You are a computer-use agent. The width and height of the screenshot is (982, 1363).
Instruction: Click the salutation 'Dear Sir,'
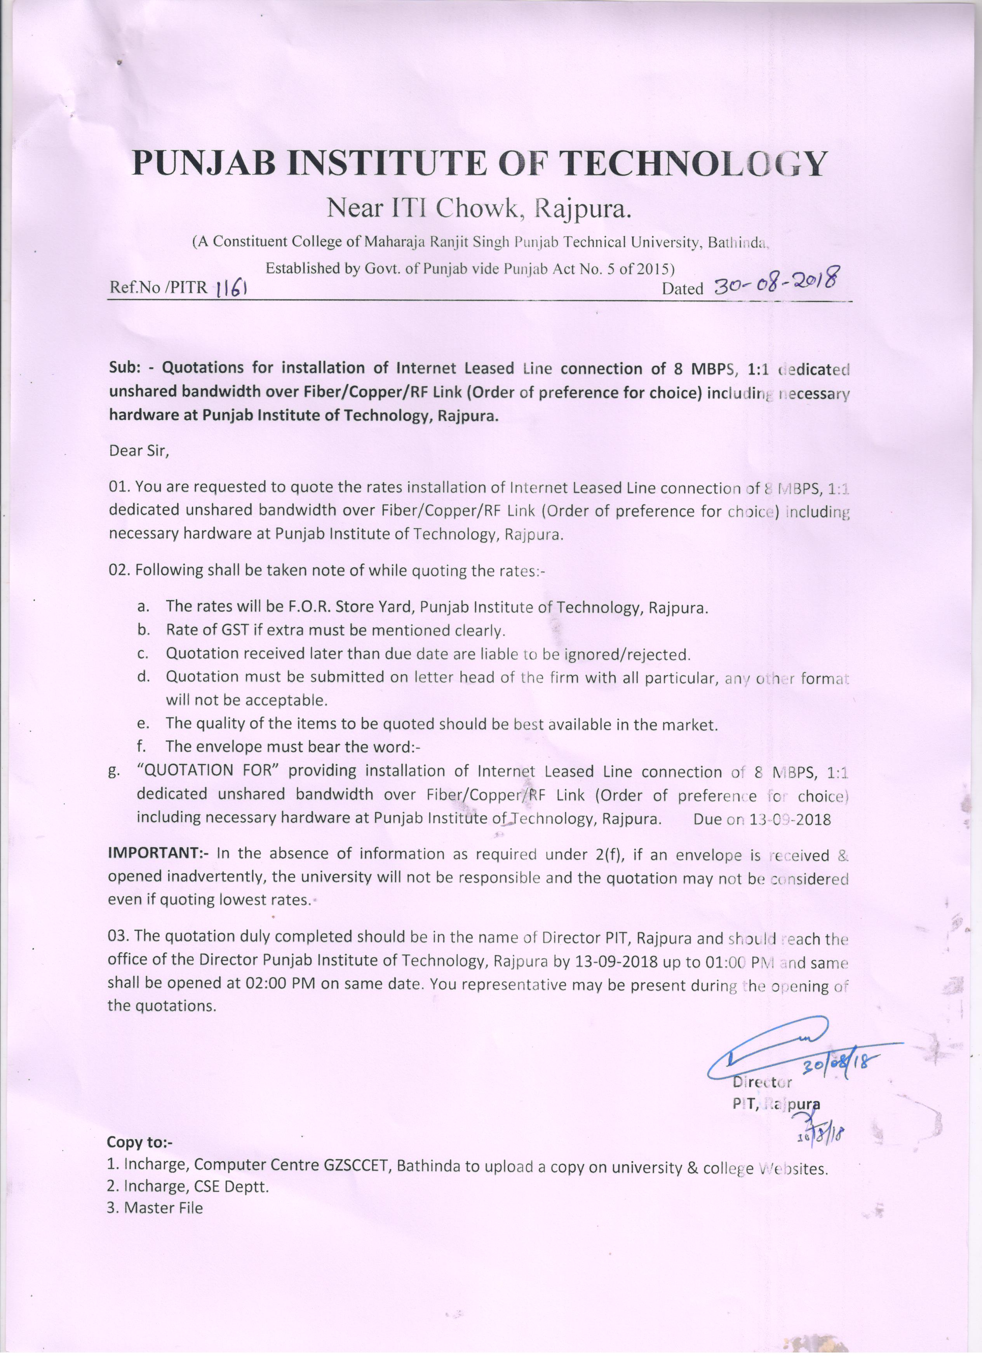point(139,451)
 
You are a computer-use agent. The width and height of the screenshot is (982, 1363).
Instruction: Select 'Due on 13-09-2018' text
point(762,820)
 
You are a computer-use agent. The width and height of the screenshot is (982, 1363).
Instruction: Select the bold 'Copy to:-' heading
point(139,1142)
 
